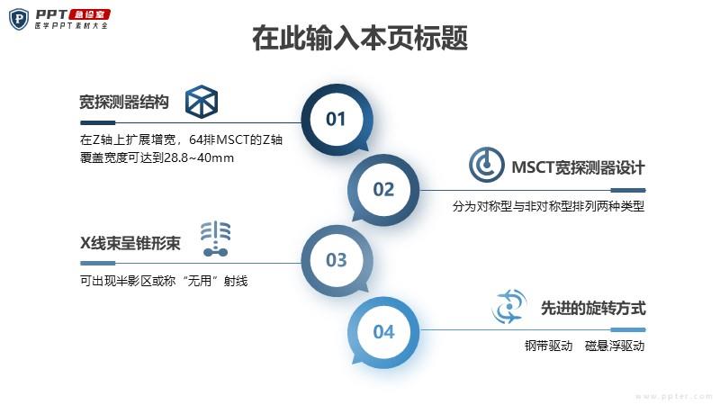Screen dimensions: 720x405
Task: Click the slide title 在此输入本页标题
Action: coord(360,38)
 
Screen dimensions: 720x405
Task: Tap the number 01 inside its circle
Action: coord(336,120)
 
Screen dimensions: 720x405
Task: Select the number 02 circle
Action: coord(383,189)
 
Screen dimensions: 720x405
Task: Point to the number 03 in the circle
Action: coord(336,260)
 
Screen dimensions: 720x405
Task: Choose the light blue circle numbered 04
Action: coord(383,331)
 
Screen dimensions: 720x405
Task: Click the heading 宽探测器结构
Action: coord(124,102)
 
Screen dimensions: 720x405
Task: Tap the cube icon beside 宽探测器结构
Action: coord(202,102)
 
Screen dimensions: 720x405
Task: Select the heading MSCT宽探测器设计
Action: coord(578,167)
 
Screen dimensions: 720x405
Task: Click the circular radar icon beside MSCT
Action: coord(486,165)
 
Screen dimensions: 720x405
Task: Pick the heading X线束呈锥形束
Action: coord(130,243)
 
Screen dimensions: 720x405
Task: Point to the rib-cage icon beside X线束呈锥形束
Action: coord(215,238)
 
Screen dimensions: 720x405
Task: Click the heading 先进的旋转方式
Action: coord(593,308)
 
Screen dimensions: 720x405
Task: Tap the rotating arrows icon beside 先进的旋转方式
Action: coord(508,306)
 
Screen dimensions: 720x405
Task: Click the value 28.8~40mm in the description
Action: coord(199,158)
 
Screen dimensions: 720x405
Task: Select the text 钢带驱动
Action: coord(548,346)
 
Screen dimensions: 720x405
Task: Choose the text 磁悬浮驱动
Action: coord(615,346)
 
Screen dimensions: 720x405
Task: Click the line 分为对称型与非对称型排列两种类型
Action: coord(548,206)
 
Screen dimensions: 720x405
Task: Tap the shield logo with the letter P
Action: coord(19,19)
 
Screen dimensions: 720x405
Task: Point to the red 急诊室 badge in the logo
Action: coord(89,14)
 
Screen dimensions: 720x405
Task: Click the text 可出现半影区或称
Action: coord(128,281)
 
